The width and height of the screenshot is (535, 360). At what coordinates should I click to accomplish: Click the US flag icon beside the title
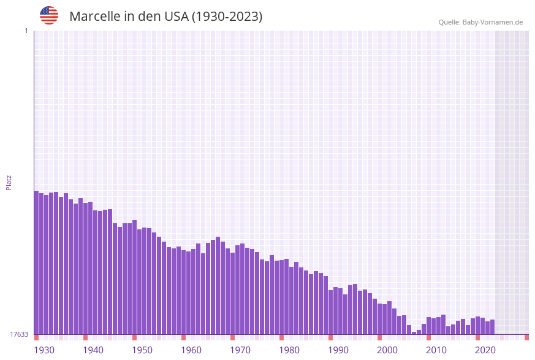49,15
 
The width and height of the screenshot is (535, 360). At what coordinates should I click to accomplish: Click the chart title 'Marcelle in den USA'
165,17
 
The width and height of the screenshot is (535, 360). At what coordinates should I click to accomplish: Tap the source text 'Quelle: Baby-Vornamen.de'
480,22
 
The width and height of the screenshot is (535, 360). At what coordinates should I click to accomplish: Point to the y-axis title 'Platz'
9,182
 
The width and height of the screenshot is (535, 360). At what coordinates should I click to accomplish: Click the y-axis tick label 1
26,31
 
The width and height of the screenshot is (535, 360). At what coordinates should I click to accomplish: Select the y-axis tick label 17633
18,334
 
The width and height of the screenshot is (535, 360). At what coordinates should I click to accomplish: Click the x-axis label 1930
44,350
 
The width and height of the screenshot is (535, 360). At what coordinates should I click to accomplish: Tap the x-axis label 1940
93,350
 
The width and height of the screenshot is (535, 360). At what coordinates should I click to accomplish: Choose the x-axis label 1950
142,350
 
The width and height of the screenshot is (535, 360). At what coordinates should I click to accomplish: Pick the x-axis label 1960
191,350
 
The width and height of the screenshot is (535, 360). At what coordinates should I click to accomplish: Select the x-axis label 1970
240,350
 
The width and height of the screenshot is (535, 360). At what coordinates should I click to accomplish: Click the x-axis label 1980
289,350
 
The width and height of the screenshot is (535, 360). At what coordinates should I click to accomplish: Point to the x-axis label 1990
338,350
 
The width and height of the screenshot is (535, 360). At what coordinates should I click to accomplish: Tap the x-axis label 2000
387,350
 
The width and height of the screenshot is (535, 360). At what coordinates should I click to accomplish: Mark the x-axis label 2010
436,350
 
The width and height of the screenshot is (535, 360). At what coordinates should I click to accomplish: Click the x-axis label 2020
485,350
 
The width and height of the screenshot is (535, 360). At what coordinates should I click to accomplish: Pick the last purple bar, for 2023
492,327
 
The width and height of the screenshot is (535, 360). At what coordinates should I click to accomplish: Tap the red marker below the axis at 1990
331,337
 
